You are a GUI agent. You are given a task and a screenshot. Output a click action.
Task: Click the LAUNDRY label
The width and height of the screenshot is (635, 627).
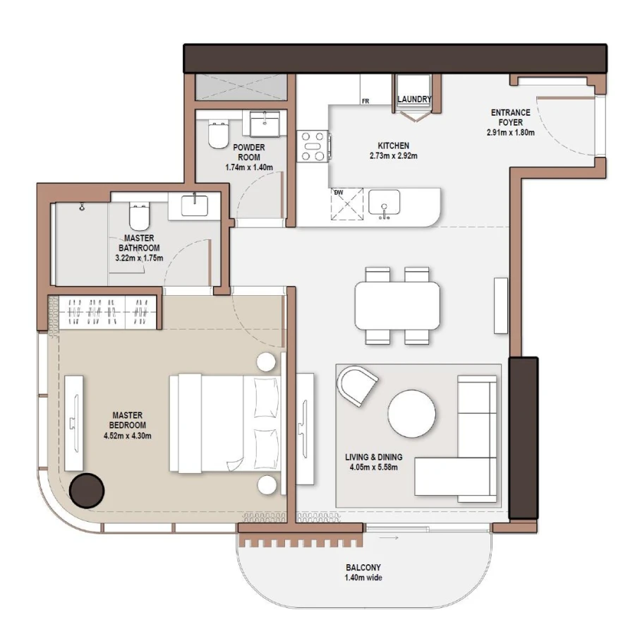point(413,100)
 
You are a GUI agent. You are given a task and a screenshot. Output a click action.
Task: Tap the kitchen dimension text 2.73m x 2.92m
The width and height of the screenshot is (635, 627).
point(394,156)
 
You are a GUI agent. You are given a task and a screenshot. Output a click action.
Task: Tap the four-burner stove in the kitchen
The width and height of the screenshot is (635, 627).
point(313,146)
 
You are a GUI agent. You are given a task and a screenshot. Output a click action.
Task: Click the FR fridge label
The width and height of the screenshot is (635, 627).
point(365,101)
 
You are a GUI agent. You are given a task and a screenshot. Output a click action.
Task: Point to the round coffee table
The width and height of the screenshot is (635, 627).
point(412,414)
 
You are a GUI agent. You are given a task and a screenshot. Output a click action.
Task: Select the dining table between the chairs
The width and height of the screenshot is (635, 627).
point(397,305)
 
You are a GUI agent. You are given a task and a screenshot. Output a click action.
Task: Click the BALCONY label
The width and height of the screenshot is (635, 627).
point(363,567)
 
